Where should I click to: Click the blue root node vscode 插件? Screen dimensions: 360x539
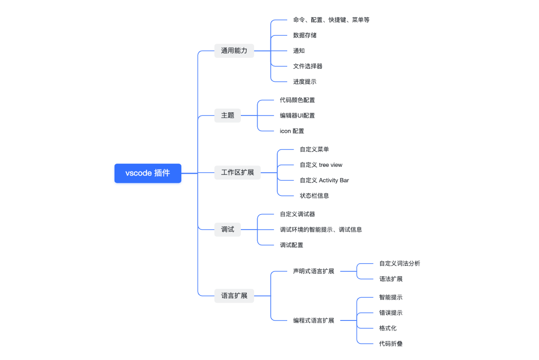tap(148, 173)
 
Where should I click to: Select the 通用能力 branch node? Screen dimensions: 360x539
tap(234, 51)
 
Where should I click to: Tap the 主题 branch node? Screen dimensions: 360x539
tap(228, 115)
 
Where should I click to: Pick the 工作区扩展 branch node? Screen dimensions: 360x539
tap(237, 173)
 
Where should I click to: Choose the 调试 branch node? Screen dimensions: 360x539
tap(228, 230)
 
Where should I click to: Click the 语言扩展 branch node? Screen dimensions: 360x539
tap(234, 296)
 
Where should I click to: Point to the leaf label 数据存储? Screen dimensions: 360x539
tap(305, 35)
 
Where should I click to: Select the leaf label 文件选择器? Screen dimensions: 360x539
tap(308, 66)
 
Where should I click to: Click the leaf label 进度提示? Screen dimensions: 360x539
tap(305, 82)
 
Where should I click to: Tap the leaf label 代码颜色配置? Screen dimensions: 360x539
tap(297, 100)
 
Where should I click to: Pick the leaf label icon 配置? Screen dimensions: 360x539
tap(292, 131)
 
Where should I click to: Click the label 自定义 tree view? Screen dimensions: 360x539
tap(321, 165)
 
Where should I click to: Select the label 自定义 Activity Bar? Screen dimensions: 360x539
tap(324, 180)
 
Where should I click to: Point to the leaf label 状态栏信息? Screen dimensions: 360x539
tap(314, 196)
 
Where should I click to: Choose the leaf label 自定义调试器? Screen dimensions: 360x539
tap(297, 214)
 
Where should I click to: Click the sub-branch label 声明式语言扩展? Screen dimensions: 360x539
tap(314, 271)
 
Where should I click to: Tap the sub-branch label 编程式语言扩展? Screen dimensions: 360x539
tap(314, 320)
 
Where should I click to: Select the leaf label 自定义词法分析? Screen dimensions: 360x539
tap(399, 264)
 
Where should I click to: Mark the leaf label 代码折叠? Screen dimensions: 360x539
tap(391, 344)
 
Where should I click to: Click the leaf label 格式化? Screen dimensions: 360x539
tap(388, 328)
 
